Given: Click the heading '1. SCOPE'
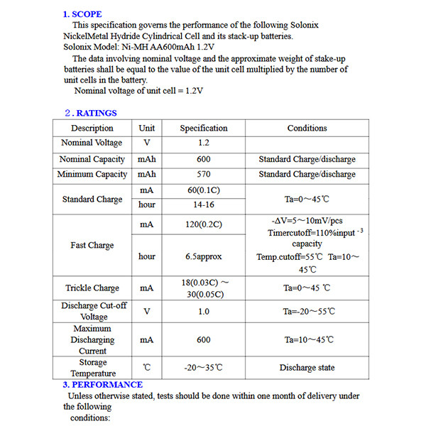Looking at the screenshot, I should [x=82, y=14].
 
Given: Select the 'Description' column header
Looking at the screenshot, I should [x=92, y=129].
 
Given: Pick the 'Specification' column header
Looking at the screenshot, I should [x=204, y=129].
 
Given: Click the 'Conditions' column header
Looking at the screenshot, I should [x=307, y=129].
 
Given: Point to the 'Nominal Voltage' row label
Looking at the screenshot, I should [x=92, y=143].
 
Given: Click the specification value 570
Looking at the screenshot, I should [x=204, y=175].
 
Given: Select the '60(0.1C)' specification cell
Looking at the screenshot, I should [x=204, y=191].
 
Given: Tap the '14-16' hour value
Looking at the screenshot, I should [x=204, y=205].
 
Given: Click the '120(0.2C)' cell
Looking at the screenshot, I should [x=204, y=224].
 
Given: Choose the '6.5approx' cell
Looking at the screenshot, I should [x=204, y=256].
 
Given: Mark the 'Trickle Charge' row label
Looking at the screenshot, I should [x=92, y=288].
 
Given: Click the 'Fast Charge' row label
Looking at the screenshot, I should [x=92, y=246].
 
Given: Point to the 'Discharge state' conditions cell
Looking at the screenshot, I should [x=307, y=368].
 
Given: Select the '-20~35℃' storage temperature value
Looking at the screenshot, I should [x=204, y=368].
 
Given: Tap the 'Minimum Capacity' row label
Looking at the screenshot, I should [x=92, y=175].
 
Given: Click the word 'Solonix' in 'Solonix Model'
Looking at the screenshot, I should [x=77, y=47].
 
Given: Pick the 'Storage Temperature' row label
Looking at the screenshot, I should [x=93, y=368].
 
